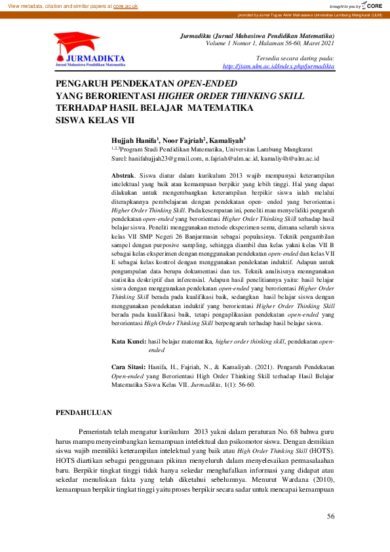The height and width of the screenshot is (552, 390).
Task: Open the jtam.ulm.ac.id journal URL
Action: (x=279, y=66)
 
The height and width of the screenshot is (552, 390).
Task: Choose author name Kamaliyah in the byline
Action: (x=227, y=140)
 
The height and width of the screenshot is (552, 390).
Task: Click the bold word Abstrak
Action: (x=123, y=176)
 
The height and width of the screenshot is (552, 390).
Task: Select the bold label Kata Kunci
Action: (x=128, y=342)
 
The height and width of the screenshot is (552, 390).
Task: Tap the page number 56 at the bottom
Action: (x=330, y=517)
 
